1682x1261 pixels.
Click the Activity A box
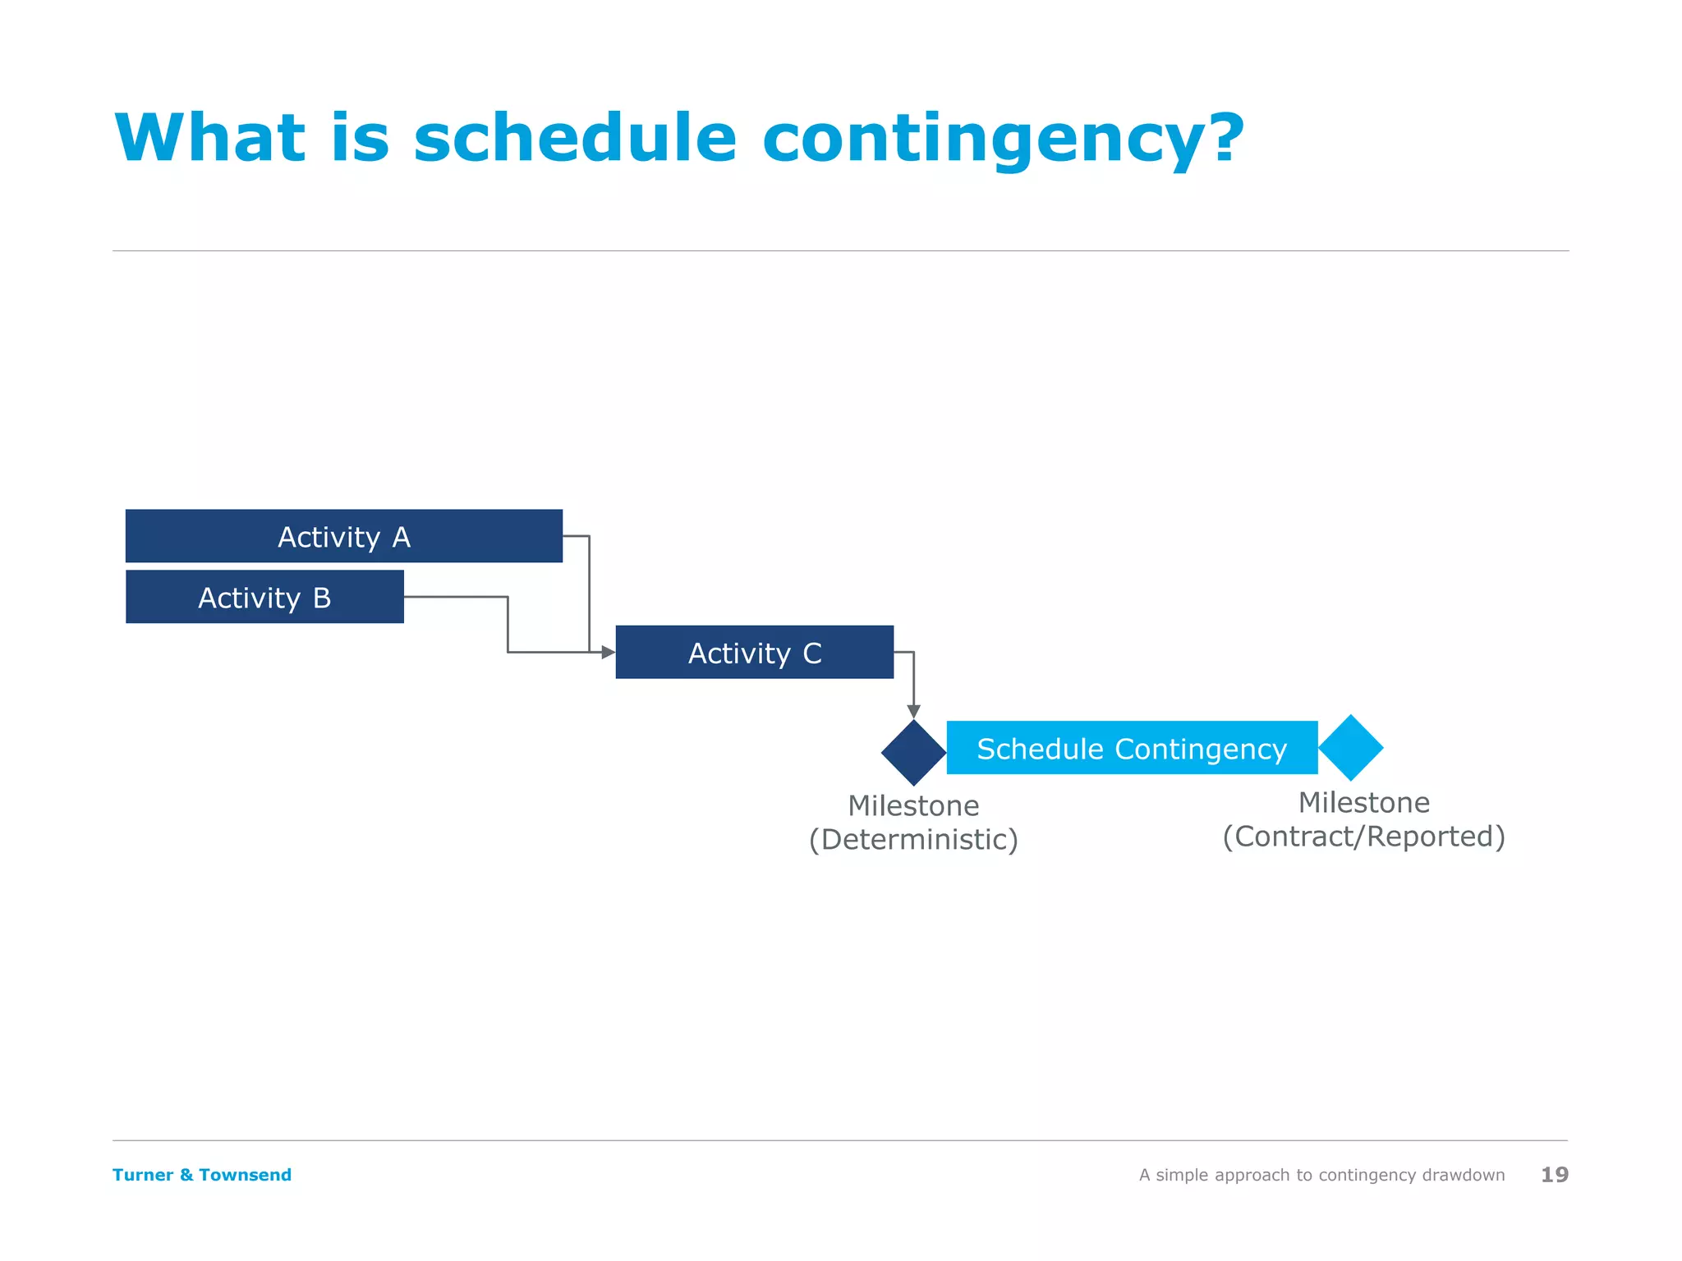pos(343,536)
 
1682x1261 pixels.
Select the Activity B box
pos(264,597)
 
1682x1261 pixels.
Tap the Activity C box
pos(754,653)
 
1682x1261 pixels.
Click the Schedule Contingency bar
pos(1132,748)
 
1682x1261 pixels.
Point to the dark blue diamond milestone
pos(913,753)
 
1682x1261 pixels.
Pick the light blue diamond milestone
pos(1351,748)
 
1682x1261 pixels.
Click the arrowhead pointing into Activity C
pos(609,653)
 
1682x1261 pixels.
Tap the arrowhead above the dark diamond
pos(913,711)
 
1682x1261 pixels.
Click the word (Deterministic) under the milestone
pos(913,840)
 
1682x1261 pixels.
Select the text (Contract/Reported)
pos(1363,837)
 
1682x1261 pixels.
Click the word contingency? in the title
pos(1003,140)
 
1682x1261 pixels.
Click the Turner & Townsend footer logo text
pos(202,1175)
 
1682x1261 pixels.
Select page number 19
pos(1554,1175)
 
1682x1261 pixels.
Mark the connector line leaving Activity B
pos(457,597)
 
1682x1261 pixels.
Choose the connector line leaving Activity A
pos(589,591)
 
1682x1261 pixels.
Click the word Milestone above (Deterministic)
pos(913,805)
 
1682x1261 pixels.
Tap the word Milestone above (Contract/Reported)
pos(1363,802)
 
